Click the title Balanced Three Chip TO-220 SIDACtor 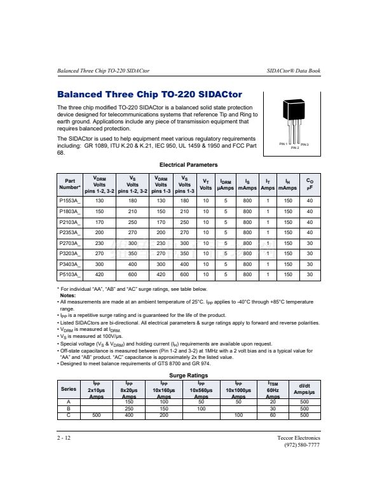coord(149,95)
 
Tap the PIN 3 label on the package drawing coord(305,145)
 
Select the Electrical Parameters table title coord(189,165)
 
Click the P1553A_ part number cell coord(69,200)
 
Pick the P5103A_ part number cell coord(69,274)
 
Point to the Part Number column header coord(69,184)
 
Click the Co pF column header coord(310,184)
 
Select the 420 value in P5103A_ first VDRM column coord(99,274)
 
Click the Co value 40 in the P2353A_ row coord(310,232)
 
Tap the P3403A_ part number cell coord(69,263)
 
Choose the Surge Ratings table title coord(188,375)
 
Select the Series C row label coord(68,415)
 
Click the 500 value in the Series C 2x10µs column coord(97,415)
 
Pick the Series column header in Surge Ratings coord(68,389)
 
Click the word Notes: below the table coord(67,295)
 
